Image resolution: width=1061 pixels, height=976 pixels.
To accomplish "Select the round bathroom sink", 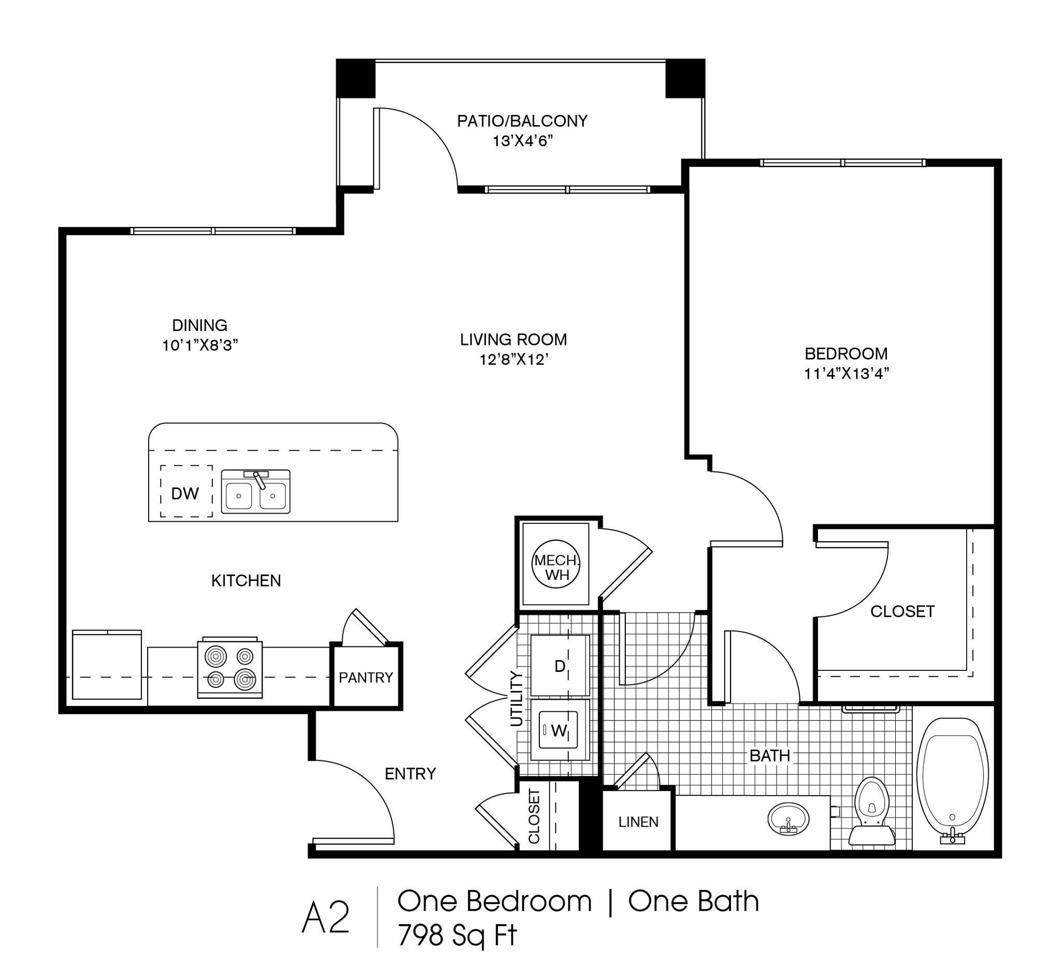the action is coord(788,819).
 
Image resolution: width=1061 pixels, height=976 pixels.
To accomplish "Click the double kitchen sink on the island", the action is coord(255,492).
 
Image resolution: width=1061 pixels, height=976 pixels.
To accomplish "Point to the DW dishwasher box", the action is coord(187,491).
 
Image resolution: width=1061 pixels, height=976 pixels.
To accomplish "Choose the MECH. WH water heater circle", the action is coord(555,564).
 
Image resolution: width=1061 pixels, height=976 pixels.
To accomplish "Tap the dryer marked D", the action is coord(560,666).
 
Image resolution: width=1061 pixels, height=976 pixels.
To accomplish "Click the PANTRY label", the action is coord(366,678).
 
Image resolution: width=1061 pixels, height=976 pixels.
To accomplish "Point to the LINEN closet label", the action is coord(638,822).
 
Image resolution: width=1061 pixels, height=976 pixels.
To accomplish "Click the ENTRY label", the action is coord(410,774).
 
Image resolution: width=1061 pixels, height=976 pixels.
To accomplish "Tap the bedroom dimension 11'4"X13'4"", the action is coord(847,374).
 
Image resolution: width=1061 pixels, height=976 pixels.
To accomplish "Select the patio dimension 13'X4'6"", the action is coord(522,141).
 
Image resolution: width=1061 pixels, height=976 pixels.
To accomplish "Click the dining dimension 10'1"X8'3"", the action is coord(200,345).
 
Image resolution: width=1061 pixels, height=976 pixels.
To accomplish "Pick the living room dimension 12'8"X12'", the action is coord(513,359).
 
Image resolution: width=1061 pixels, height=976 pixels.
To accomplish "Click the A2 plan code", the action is coord(326,917).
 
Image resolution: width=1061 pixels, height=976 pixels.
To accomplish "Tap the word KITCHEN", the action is coord(246,580).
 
